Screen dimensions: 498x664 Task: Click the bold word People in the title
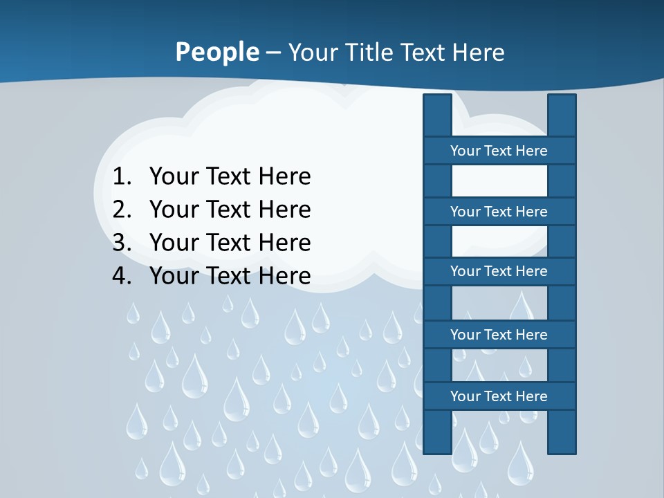[x=216, y=53]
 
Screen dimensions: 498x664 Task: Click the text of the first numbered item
[x=230, y=177]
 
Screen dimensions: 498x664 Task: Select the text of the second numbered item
[x=230, y=210]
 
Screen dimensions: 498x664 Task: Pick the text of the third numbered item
[x=230, y=243]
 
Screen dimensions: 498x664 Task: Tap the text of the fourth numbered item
[x=230, y=276]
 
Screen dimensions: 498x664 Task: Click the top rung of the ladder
[x=499, y=151]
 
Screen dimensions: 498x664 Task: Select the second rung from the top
[x=499, y=212]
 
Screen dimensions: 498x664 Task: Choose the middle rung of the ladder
[x=499, y=271]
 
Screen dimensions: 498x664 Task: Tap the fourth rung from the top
[x=499, y=335]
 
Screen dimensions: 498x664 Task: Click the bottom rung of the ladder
[x=499, y=396]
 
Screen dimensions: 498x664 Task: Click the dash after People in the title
[x=273, y=53]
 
